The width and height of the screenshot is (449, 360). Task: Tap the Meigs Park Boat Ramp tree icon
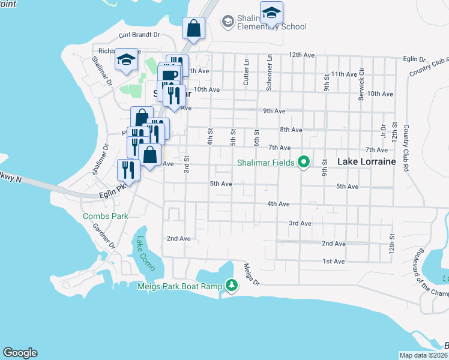231,285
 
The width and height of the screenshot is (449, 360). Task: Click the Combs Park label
106,215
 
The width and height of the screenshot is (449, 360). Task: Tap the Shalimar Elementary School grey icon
228,22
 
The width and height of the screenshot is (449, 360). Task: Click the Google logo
20,353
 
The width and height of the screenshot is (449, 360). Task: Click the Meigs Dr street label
252,274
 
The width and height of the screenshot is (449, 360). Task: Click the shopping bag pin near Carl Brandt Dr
194,28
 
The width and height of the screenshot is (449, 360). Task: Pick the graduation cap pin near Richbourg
127,59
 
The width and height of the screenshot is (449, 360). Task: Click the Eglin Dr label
415,59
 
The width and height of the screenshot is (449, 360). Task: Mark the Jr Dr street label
382,131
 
